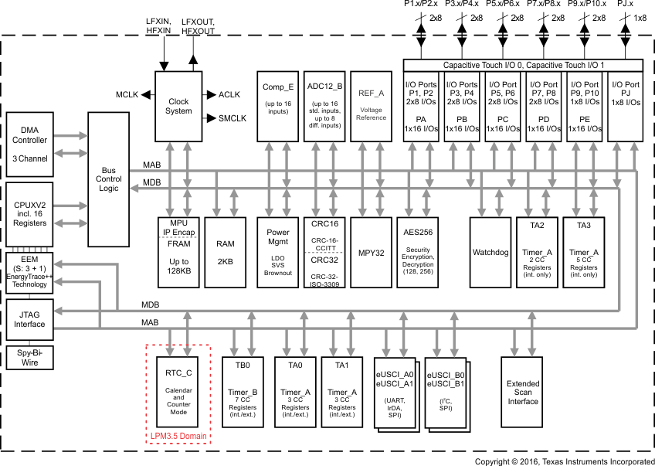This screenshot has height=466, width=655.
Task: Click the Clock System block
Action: pos(178,107)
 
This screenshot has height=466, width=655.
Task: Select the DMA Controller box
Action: pos(29,143)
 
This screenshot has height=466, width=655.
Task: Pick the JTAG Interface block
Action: pos(29,318)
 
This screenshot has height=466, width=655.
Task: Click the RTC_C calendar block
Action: pos(178,395)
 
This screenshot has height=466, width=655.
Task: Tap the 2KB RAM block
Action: pos(226,252)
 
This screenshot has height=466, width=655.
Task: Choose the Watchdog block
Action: pos(491,252)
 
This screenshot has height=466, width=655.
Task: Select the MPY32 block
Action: pos(371,252)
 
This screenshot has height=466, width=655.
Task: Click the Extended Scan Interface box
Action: pos(522,393)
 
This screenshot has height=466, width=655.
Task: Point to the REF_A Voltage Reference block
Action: pos(371,106)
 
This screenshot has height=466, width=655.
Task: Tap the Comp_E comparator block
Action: pos(279,106)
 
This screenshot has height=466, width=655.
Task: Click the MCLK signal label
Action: pos(127,94)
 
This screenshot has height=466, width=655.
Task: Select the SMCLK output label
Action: pos(232,118)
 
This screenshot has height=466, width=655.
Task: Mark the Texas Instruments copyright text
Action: pos(564,461)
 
